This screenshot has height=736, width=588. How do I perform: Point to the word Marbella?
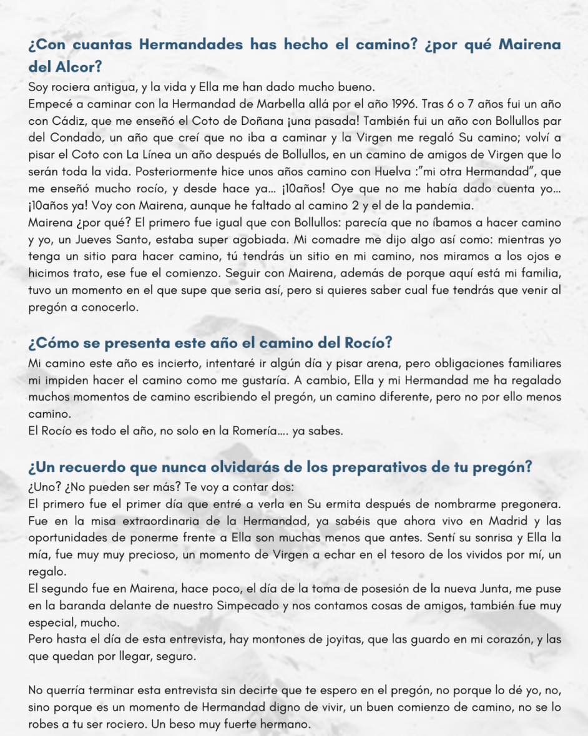click(227, 103)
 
